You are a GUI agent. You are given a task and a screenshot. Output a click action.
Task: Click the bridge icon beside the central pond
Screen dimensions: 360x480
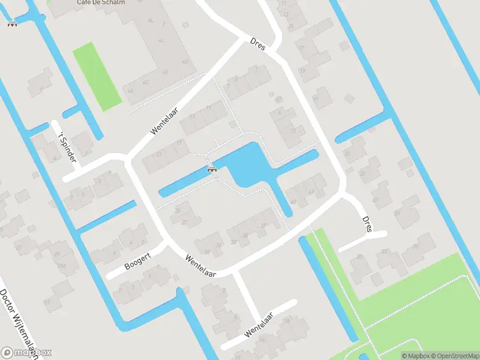click(212, 169)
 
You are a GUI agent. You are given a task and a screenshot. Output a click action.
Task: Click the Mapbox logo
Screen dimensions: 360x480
click(26, 352)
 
